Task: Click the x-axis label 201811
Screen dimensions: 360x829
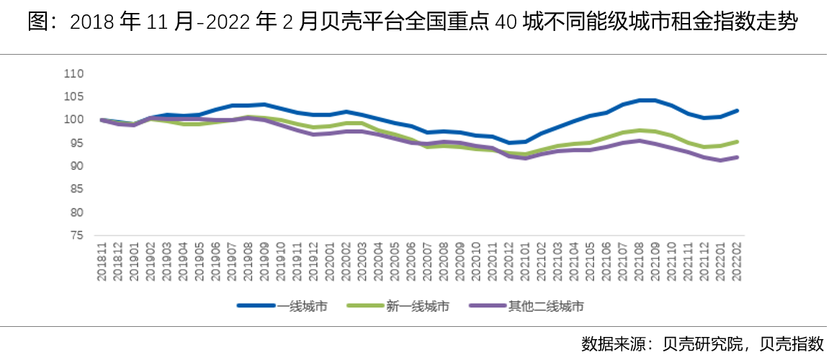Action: pos(102,256)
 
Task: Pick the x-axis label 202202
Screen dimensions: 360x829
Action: pos(736,256)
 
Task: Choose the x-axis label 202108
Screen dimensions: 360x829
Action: pos(639,256)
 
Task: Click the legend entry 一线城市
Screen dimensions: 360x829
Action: pos(302,306)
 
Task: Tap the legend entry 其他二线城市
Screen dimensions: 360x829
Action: pos(545,306)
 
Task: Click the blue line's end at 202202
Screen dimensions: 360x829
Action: pos(738,111)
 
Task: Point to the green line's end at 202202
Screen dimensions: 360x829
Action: pos(738,142)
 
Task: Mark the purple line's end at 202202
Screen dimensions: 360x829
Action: pos(738,157)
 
